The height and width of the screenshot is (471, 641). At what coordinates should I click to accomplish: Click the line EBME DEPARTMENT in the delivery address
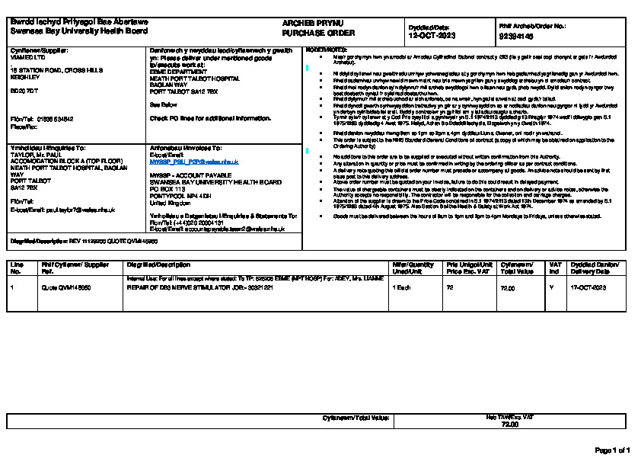pyautogui.click(x=178, y=72)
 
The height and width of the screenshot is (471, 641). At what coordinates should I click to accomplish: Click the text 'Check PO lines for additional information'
pyautogui.click(x=210, y=119)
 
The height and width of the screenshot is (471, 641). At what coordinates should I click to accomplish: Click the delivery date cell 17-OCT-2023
pyautogui.click(x=588, y=287)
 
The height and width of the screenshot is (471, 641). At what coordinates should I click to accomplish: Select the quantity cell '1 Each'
pyautogui.click(x=401, y=287)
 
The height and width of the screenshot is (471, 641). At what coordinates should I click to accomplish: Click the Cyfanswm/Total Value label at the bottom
pyautogui.click(x=356, y=418)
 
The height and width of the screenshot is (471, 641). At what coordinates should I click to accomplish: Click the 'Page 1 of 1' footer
pyautogui.click(x=611, y=450)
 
